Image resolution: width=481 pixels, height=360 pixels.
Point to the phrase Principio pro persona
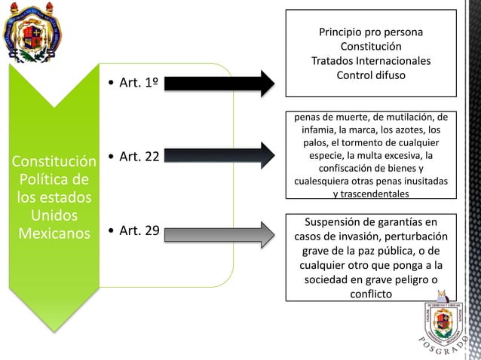pos(370,33)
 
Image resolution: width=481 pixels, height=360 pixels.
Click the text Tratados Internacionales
pos(370,61)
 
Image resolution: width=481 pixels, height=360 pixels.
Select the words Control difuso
pos(370,75)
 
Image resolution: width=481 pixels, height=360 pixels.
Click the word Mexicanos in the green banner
pos(48,233)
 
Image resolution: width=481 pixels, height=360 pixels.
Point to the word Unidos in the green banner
pos(48,216)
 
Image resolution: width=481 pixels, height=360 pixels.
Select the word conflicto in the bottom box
pos(370,294)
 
